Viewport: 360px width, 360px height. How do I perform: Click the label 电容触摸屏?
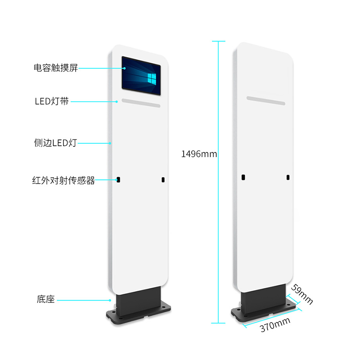pyautogui.click(x=56, y=68)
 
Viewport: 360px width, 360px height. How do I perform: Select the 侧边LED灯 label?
pyautogui.click(x=55, y=143)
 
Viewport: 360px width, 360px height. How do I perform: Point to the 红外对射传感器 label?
pyautogui.click(x=63, y=181)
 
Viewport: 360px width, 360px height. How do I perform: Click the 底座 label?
pyautogui.click(x=46, y=299)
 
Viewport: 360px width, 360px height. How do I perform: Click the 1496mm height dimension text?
pyautogui.click(x=199, y=154)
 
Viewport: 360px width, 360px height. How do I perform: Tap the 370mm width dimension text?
pyautogui.click(x=275, y=325)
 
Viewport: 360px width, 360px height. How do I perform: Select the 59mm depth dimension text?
pyautogui.click(x=301, y=294)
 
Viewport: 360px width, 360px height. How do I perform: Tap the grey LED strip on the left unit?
pyautogui.click(x=141, y=103)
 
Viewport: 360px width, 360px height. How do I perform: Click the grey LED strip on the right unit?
pyautogui.click(x=265, y=100)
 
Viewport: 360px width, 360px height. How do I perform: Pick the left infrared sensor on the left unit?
pyautogui.click(x=118, y=180)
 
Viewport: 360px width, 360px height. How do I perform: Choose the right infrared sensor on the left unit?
pyautogui.click(x=163, y=180)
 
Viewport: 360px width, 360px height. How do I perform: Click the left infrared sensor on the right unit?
pyautogui.click(x=243, y=177)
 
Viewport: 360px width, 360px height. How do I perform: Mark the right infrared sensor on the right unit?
pyautogui.click(x=288, y=177)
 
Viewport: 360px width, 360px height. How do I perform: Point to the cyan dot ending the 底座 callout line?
pyautogui.click(x=110, y=299)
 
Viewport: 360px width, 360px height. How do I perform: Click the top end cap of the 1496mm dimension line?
pyautogui.click(x=218, y=41)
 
